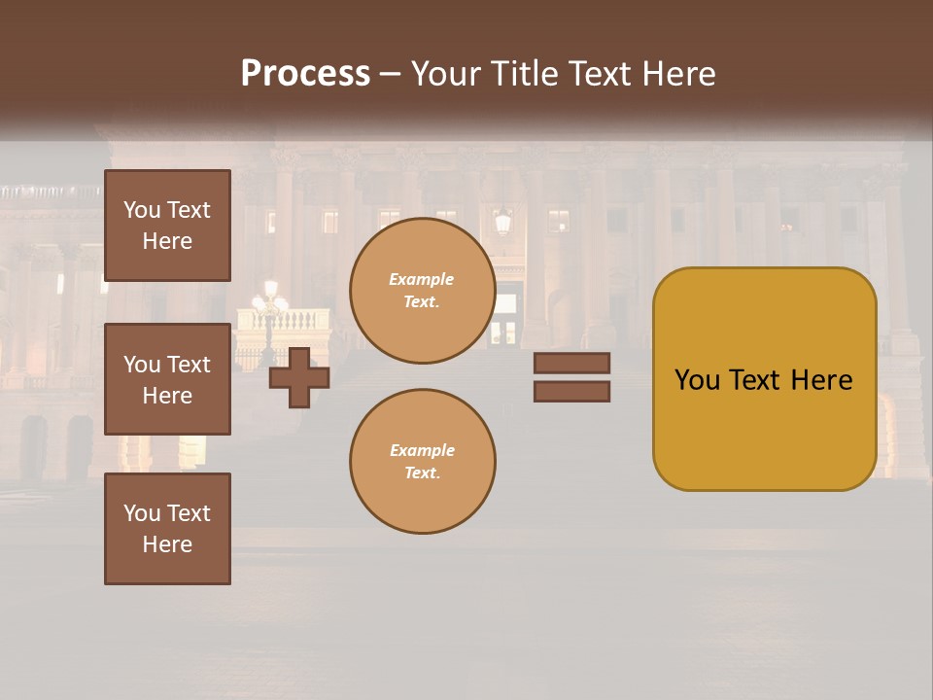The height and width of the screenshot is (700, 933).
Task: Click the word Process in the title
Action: [305, 74]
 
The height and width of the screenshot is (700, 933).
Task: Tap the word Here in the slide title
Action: [678, 74]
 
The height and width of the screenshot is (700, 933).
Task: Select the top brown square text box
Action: [167, 226]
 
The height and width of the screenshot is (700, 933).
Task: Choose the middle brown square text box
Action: [167, 379]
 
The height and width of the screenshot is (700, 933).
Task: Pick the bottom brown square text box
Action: [167, 529]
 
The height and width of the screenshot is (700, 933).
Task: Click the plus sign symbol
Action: [299, 378]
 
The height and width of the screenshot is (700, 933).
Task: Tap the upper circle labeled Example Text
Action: [422, 291]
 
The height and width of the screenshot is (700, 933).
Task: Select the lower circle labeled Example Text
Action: [422, 462]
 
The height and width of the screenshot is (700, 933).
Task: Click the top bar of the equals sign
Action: [571, 364]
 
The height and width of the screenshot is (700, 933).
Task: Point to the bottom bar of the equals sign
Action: [571, 392]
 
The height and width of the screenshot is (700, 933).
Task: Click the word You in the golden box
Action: [697, 380]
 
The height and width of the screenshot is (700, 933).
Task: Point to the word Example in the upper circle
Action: [422, 280]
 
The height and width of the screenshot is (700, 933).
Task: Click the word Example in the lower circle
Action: [422, 451]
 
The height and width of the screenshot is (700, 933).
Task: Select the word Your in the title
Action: [446, 74]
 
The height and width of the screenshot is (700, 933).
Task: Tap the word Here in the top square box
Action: [167, 241]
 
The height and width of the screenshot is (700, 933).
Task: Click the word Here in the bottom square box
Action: [167, 544]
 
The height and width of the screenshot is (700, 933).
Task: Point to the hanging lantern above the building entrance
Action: [502, 223]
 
